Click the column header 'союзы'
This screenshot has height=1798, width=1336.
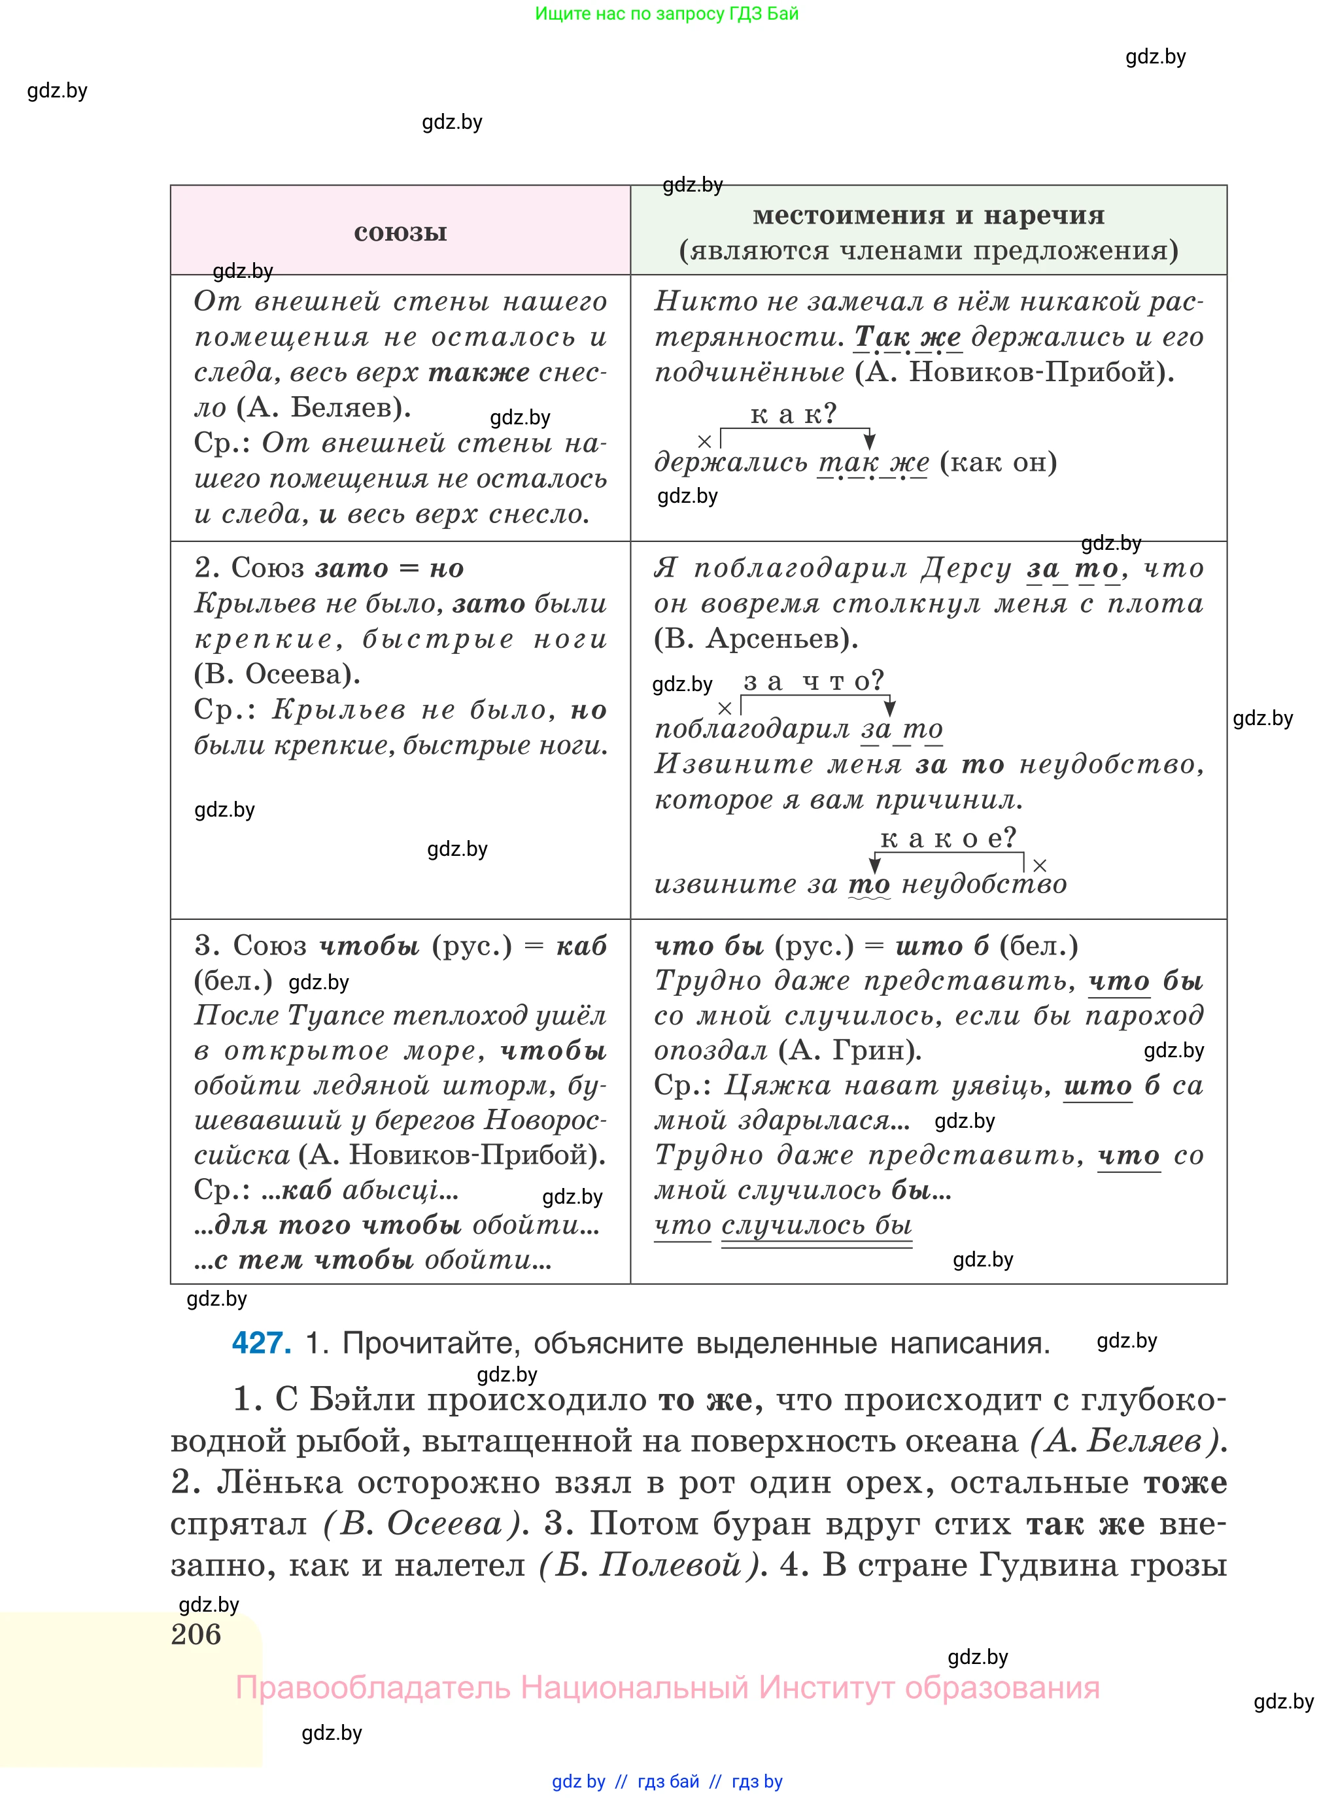(400, 233)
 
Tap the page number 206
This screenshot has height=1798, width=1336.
(196, 1634)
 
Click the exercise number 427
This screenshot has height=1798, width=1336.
(261, 1343)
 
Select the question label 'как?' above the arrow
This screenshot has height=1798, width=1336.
(793, 415)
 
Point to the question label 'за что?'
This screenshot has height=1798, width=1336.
(814, 681)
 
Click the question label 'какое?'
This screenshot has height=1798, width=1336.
(948, 838)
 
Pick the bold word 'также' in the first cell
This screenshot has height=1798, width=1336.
(479, 373)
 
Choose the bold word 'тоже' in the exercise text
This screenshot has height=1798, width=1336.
(1185, 1483)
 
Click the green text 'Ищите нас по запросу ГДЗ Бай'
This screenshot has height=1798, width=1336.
(667, 14)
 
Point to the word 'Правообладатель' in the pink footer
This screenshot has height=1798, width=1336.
(373, 1688)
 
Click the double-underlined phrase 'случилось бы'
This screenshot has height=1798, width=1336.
(816, 1226)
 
